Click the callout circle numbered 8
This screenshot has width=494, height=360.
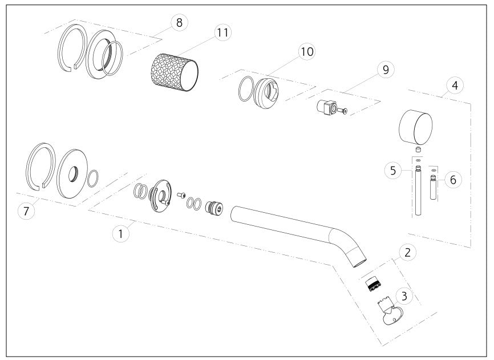click(x=179, y=23)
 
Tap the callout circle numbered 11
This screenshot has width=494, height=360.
click(x=222, y=33)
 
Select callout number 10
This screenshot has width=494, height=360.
click(x=307, y=51)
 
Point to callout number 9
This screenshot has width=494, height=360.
click(x=386, y=70)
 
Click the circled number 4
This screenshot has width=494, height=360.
click(x=455, y=86)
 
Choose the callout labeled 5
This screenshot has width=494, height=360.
click(x=393, y=171)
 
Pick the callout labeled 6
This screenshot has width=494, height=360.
click(x=453, y=180)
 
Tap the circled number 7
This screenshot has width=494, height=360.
click(x=26, y=211)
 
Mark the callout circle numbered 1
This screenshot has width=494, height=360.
click(x=120, y=234)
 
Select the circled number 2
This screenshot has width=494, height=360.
click(x=408, y=252)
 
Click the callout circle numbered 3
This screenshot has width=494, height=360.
click(x=404, y=296)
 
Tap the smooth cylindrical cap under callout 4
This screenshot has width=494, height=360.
click(x=415, y=127)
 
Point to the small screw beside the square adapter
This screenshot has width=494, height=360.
click(x=342, y=111)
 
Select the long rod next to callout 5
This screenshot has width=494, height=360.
click(x=418, y=190)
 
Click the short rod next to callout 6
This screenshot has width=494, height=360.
click(x=433, y=188)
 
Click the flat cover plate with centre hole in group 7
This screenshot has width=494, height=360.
click(x=74, y=174)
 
